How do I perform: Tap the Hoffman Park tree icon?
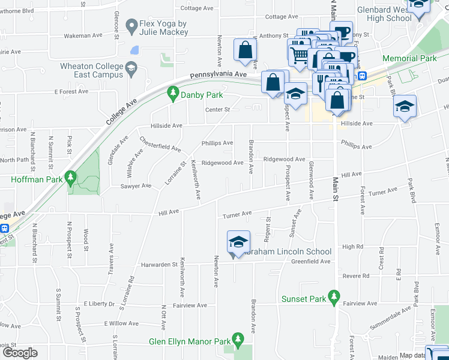[71, 178]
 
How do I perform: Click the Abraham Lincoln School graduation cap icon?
[238, 242]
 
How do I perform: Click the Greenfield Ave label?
[311, 262]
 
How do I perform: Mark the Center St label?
[217, 109]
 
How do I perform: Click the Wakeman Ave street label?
[85, 36]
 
